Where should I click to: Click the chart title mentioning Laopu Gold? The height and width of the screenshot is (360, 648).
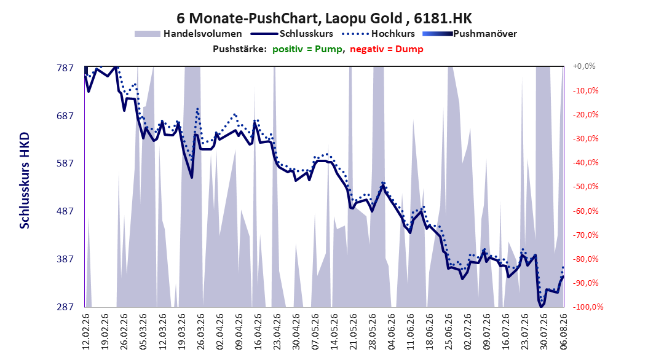(324, 18)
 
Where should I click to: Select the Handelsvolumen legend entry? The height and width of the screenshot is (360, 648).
(188, 34)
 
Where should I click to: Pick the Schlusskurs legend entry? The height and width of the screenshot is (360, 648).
(292, 34)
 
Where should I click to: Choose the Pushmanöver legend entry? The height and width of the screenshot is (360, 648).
(470, 34)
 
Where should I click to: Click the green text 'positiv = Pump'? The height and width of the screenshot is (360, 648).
(307, 49)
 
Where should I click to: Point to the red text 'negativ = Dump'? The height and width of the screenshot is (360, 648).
(387, 49)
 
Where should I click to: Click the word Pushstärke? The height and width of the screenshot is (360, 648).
(240, 49)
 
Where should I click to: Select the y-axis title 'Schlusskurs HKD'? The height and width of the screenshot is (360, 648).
(25, 181)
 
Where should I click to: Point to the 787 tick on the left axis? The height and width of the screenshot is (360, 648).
(65, 68)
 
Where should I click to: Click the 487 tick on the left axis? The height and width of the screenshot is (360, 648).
(65, 211)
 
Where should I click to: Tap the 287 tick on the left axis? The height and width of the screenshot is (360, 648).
(65, 307)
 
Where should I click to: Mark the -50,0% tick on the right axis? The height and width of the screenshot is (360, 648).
(585, 187)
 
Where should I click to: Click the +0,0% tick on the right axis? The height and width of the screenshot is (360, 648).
(584, 66)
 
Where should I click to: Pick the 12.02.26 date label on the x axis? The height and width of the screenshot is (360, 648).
(86, 332)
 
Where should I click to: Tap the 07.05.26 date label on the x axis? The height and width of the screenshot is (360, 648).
(315, 332)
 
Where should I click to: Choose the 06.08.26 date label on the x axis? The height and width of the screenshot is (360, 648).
(563, 332)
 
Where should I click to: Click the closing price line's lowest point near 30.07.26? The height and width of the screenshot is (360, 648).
(541, 307)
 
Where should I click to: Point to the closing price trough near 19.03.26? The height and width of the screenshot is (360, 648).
(192, 178)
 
